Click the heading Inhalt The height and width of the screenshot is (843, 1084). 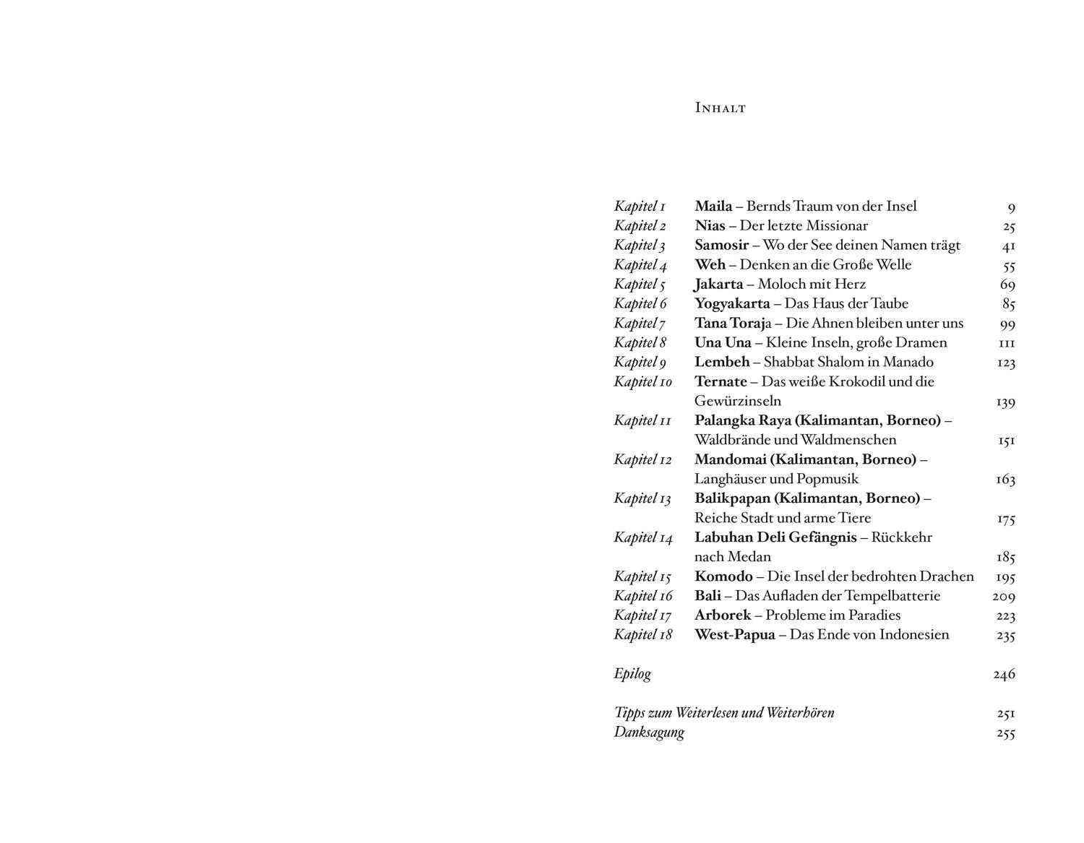(x=720, y=108)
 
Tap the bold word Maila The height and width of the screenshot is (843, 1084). (x=713, y=207)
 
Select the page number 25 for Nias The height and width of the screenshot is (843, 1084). (x=1009, y=227)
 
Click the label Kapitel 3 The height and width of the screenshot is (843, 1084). (x=640, y=246)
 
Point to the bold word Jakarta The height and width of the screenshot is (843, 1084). (x=718, y=285)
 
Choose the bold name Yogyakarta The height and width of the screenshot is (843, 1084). (x=732, y=304)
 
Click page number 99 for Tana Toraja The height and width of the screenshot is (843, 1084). (x=1007, y=324)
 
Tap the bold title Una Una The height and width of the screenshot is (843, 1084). (x=723, y=343)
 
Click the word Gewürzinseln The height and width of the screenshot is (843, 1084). (x=737, y=402)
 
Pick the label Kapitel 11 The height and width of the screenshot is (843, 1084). (x=642, y=421)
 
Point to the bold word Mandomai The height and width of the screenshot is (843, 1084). (x=731, y=460)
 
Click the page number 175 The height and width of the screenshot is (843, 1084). (x=1006, y=519)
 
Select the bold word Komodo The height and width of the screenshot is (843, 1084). (x=723, y=577)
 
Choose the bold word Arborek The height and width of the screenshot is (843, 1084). (x=723, y=616)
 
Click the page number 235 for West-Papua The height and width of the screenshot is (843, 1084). (x=1005, y=636)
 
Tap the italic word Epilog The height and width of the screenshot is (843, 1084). (x=632, y=674)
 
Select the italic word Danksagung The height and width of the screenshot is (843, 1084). (x=649, y=732)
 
